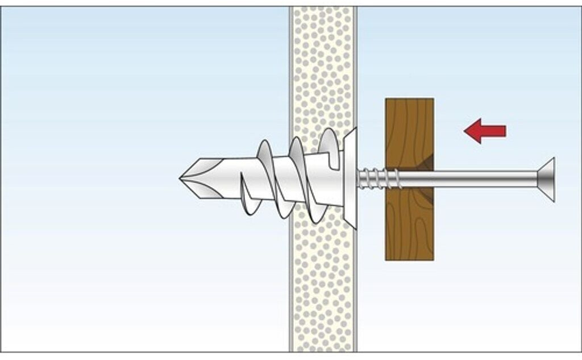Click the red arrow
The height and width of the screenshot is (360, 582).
click(x=484, y=131)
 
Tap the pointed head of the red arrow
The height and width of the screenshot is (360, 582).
click(x=467, y=131)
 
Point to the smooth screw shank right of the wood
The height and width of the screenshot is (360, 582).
click(x=483, y=179)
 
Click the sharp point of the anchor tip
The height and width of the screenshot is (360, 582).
click(x=181, y=178)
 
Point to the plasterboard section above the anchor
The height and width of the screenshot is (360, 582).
click(x=323, y=68)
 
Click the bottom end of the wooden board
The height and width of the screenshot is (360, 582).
click(x=409, y=257)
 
